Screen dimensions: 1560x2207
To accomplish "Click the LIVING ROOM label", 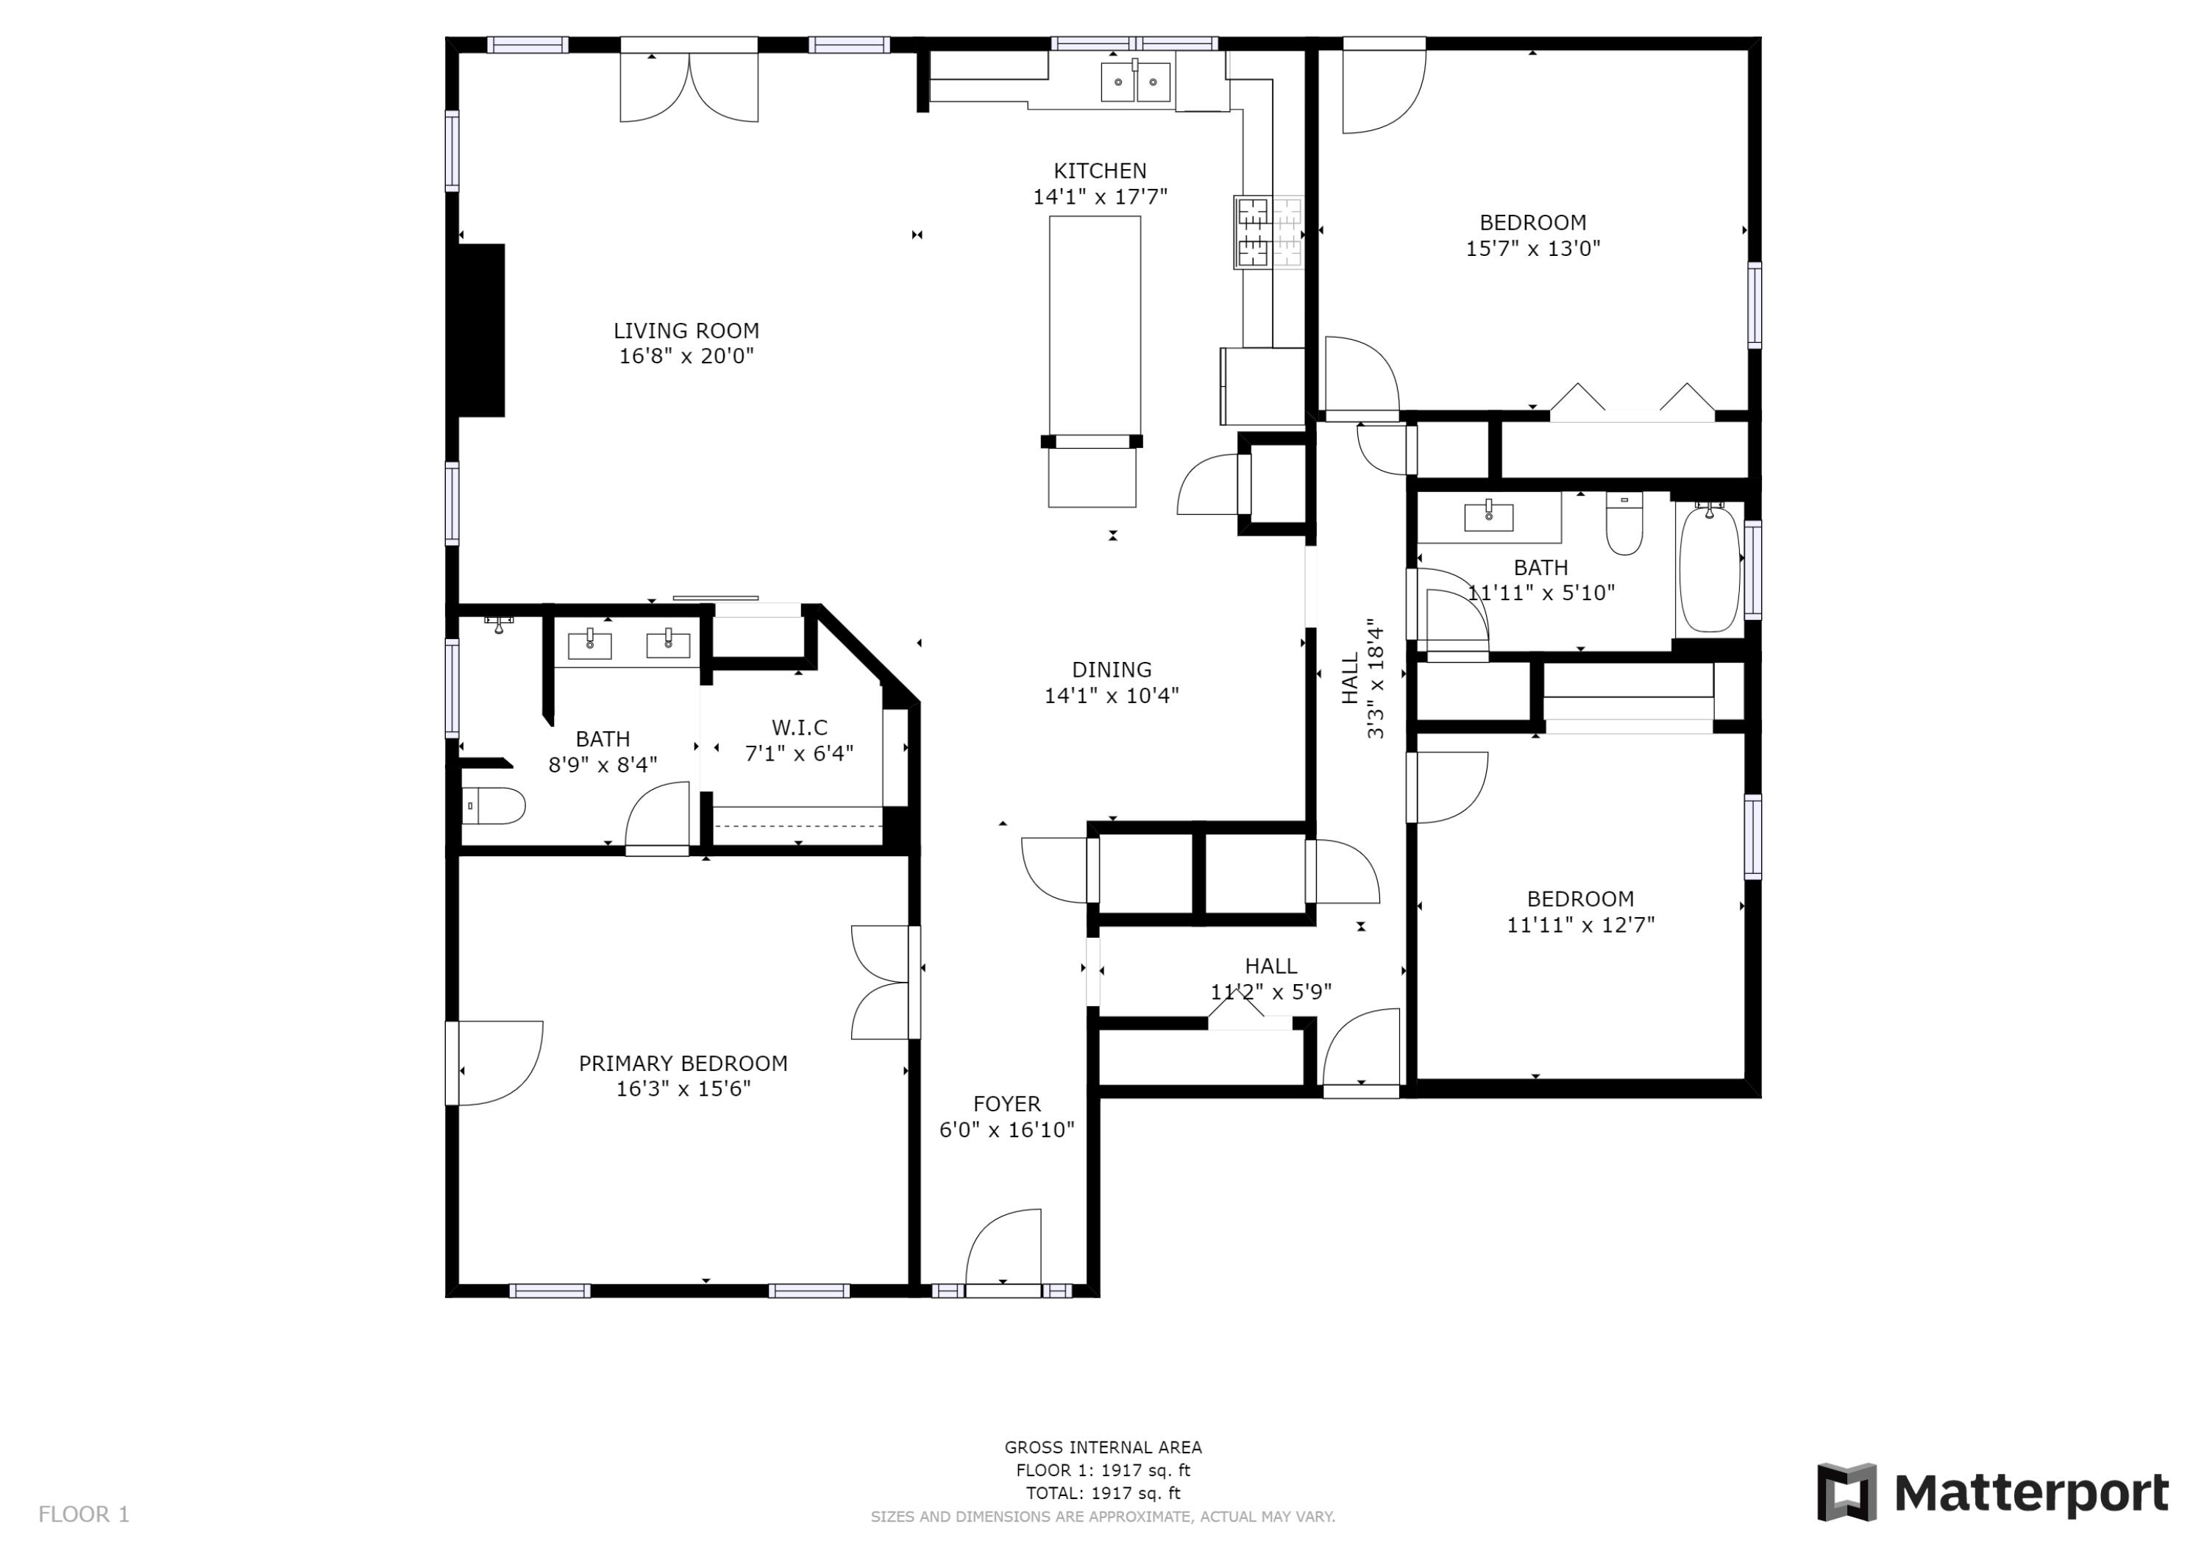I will coord(686,331).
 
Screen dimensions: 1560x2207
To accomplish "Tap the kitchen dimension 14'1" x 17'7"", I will coord(1100,197).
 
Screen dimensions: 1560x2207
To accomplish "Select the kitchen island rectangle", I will coord(1094,327).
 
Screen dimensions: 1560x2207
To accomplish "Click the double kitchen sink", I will coord(1135,82).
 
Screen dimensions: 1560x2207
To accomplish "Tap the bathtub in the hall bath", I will coord(1709,569).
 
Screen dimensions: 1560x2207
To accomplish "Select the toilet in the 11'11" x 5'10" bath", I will coord(1624,527).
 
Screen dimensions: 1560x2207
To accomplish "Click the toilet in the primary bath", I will coord(494,806).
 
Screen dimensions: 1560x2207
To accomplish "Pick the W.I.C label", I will coord(799,727).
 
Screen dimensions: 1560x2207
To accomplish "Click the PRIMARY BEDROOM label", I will coord(683,1063).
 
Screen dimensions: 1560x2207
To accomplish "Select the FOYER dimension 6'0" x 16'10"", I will coord(1006,1130).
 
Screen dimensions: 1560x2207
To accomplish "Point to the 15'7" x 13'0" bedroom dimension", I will coord(1532,248).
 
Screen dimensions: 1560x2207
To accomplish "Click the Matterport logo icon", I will coord(1846,1493).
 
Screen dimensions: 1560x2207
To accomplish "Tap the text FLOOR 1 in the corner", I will coord(84,1515).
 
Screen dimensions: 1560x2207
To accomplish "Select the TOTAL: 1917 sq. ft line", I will coord(1103,1493).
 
